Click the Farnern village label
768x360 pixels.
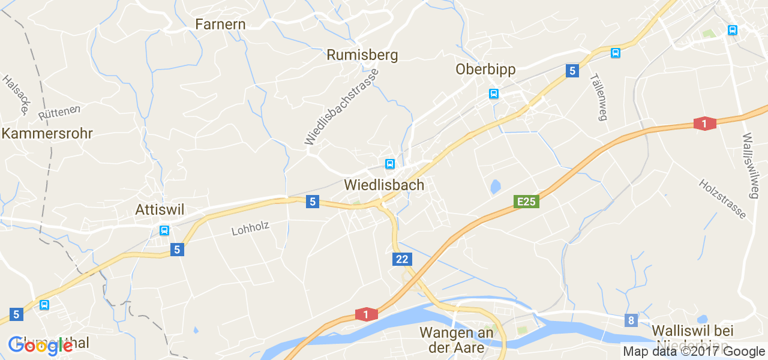(220, 24)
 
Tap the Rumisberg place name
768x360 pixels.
(362, 55)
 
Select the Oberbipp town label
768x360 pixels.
(485, 69)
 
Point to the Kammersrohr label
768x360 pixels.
(47, 133)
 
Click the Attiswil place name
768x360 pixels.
(160, 209)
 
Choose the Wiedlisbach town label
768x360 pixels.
(384, 185)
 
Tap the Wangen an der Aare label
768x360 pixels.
(457, 339)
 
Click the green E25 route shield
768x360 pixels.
(526, 202)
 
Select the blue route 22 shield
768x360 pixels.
(402, 259)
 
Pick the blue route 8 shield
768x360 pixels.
(631, 320)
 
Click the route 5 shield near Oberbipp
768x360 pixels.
(572, 71)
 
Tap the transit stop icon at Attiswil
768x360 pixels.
(164, 230)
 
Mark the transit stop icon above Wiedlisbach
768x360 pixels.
(389, 164)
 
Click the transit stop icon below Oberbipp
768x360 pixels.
(493, 94)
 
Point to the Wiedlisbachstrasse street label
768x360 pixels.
(341, 107)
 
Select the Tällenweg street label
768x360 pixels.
(598, 97)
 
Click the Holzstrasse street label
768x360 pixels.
(722, 199)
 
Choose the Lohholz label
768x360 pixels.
(250, 229)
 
